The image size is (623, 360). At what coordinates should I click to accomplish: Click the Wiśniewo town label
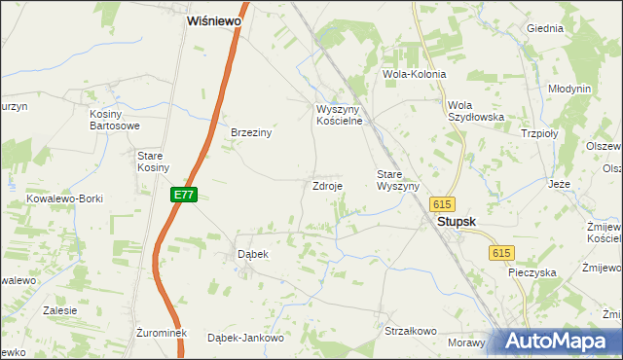[x=214, y=19]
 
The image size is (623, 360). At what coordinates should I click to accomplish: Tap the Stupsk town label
[x=456, y=222]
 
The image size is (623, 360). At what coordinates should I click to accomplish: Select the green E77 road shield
[x=184, y=195]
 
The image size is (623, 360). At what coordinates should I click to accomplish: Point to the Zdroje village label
[x=326, y=185]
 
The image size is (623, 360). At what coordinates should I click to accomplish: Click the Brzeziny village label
[x=250, y=133]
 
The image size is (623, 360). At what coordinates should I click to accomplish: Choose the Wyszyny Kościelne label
[x=339, y=115]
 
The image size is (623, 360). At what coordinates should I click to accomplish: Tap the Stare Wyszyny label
[x=397, y=180]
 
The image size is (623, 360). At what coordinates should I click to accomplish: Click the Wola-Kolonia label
[x=415, y=74]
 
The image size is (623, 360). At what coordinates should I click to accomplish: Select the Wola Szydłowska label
[x=475, y=111]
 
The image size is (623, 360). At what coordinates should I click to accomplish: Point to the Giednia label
[x=545, y=28]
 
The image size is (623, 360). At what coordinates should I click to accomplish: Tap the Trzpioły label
[x=539, y=134]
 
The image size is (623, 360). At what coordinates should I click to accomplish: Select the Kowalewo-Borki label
[x=64, y=198]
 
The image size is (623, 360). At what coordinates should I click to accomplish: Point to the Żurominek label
[x=156, y=333]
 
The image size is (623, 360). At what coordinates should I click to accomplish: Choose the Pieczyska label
[x=531, y=272]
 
